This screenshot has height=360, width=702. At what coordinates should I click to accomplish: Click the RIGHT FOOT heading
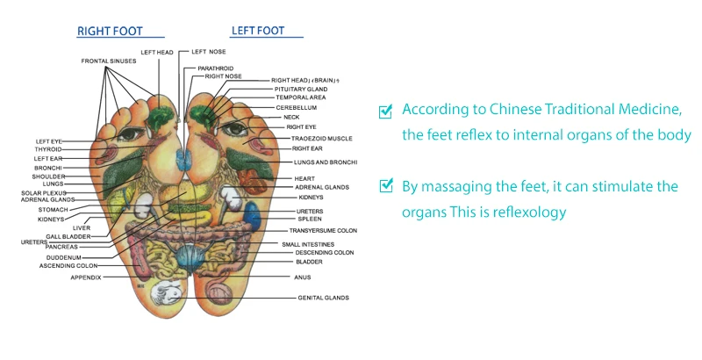point(109,31)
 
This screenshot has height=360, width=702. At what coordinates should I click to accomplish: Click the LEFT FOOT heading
point(258,31)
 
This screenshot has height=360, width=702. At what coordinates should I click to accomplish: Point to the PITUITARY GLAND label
point(301,89)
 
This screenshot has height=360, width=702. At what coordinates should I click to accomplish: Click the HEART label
point(304,178)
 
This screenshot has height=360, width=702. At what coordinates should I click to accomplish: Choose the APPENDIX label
point(86,277)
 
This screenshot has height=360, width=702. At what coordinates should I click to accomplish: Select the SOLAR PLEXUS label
point(44,192)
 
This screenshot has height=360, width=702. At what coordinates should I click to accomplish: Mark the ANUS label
point(302,277)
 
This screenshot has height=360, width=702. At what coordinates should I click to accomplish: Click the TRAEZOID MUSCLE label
point(323,138)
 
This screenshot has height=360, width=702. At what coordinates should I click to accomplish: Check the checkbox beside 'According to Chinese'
point(384,112)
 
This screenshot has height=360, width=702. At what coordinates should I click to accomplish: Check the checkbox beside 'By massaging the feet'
point(384,186)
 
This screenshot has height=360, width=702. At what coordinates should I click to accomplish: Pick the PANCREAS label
point(62,248)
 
